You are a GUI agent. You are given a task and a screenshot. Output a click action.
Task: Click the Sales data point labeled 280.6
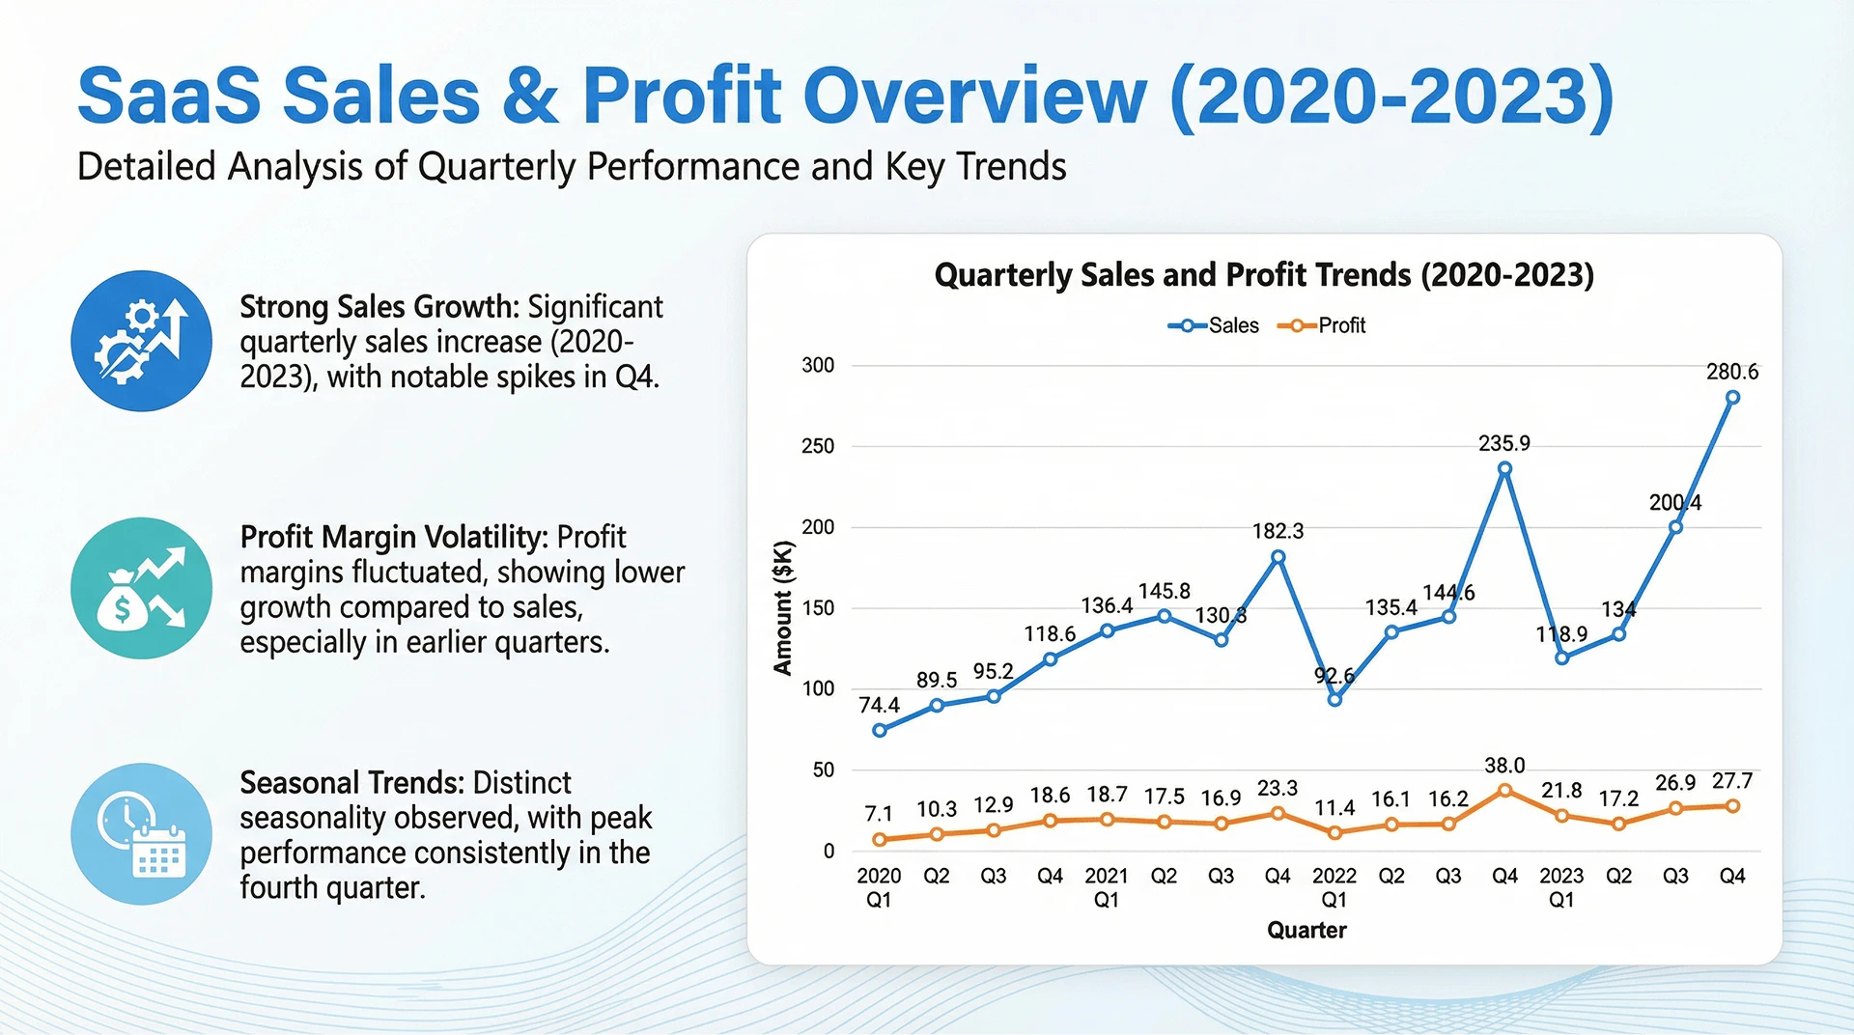(x=1732, y=397)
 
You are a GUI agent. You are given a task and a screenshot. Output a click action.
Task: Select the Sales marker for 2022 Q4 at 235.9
(x=1504, y=469)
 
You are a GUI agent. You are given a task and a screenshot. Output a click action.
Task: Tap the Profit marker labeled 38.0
(x=1504, y=790)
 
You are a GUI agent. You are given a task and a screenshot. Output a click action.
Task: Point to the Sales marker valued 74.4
(x=879, y=731)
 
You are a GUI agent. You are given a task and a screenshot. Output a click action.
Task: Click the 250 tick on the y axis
(x=818, y=446)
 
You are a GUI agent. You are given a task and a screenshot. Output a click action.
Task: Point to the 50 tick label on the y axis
(x=824, y=769)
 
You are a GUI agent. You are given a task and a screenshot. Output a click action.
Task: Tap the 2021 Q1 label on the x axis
(x=1107, y=887)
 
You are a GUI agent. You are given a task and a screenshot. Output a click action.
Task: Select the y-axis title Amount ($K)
(x=783, y=607)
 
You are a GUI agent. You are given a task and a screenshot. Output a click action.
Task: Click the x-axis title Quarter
(x=1306, y=930)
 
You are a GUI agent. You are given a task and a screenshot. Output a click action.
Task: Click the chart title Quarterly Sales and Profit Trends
(x=1264, y=275)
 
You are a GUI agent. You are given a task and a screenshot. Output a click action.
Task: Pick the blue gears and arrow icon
(x=141, y=341)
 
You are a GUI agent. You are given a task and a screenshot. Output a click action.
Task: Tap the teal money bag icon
(x=141, y=588)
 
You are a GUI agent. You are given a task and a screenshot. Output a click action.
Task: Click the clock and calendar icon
(x=141, y=834)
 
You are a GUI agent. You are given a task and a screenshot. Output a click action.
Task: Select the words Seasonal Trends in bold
(x=353, y=782)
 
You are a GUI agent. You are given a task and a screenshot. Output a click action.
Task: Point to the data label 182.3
(x=1278, y=531)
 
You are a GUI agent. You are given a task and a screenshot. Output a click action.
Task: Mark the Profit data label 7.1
(x=879, y=814)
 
